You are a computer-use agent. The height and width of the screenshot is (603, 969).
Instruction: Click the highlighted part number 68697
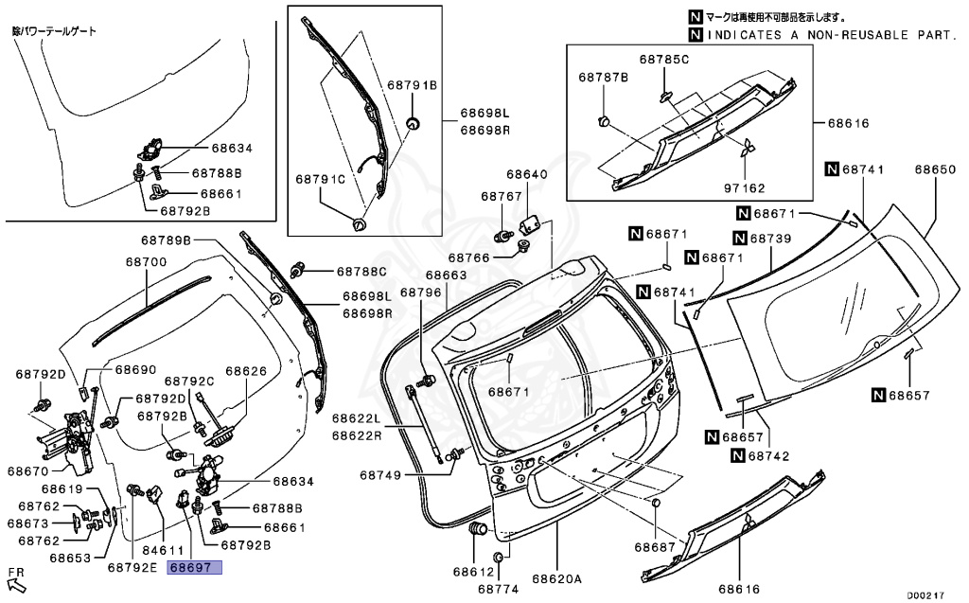[194, 568]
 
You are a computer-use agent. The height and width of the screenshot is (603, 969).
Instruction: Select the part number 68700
[146, 261]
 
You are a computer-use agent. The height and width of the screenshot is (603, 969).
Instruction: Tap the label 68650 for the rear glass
[935, 169]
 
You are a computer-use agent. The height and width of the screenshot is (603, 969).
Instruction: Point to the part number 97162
[747, 187]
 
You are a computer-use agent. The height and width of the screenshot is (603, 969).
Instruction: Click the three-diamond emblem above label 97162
[748, 148]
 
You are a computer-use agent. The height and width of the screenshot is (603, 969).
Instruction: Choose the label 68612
[473, 572]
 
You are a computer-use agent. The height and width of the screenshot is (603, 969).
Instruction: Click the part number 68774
[499, 589]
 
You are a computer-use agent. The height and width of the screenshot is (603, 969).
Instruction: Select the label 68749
[380, 471]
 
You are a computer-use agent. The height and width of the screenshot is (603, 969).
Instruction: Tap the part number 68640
[526, 174]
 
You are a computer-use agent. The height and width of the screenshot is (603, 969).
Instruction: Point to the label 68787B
[603, 77]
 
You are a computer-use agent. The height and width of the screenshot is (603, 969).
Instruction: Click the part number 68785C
[663, 60]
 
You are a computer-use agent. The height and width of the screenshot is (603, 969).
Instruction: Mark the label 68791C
[320, 178]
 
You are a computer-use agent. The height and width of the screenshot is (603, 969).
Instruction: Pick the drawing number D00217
[925, 595]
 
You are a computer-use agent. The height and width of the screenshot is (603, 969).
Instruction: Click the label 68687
[656, 547]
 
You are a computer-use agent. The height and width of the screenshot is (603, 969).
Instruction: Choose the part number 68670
[28, 470]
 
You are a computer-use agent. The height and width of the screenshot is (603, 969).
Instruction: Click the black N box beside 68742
[736, 455]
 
